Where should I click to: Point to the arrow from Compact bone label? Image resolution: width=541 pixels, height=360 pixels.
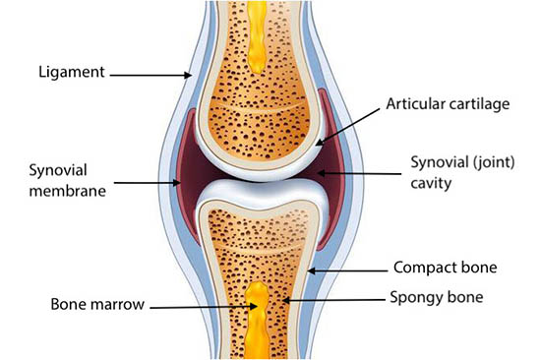[x=349, y=268]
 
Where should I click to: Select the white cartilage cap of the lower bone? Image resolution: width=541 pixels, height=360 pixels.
[x=259, y=190]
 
